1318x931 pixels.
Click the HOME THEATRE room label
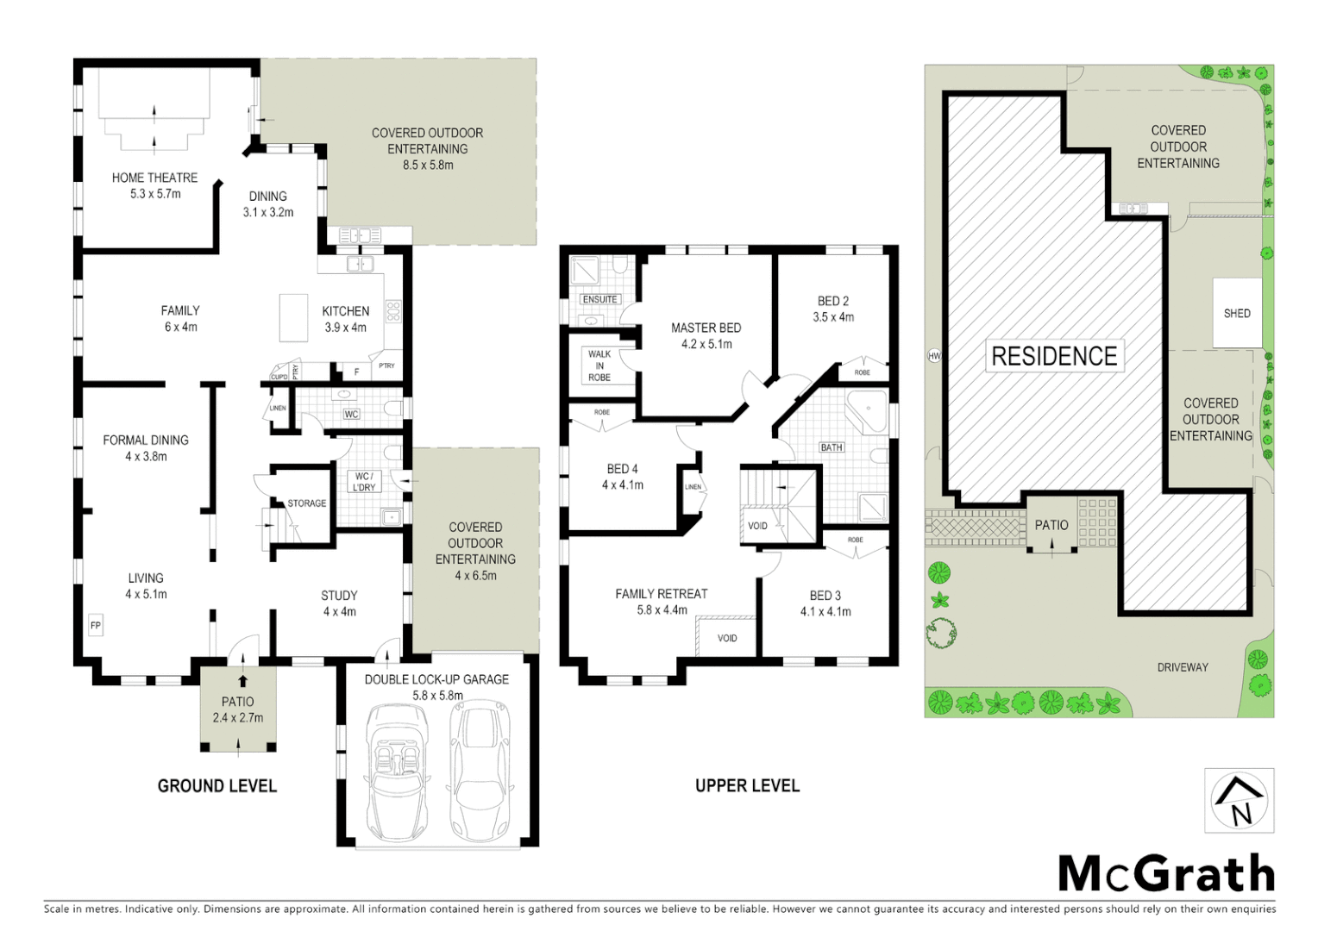coord(154,178)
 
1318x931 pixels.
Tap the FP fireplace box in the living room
coord(96,626)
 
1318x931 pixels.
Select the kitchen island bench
coord(293,317)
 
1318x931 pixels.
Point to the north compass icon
coord(1239,800)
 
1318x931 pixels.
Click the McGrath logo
coord(1166,874)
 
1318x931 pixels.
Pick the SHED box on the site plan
coord(1236,313)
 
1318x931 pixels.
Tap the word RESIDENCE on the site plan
coord(1054,356)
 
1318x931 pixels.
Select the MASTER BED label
coord(706,328)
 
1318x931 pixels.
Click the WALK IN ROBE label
coord(599,366)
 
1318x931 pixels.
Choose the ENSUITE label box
coord(599,299)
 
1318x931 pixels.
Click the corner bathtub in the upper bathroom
coord(868,411)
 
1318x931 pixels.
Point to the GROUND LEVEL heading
coord(217,785)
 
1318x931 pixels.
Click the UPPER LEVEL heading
coord(747,785)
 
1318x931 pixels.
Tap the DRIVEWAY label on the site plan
coord(1182,667)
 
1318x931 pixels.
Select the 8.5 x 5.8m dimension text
coord(428,165)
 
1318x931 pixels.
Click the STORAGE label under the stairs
coord(307,503)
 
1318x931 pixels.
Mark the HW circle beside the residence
coord(934,356)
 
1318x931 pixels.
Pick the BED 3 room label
coord(825,596)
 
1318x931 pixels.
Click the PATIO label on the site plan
coord(1051,525)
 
